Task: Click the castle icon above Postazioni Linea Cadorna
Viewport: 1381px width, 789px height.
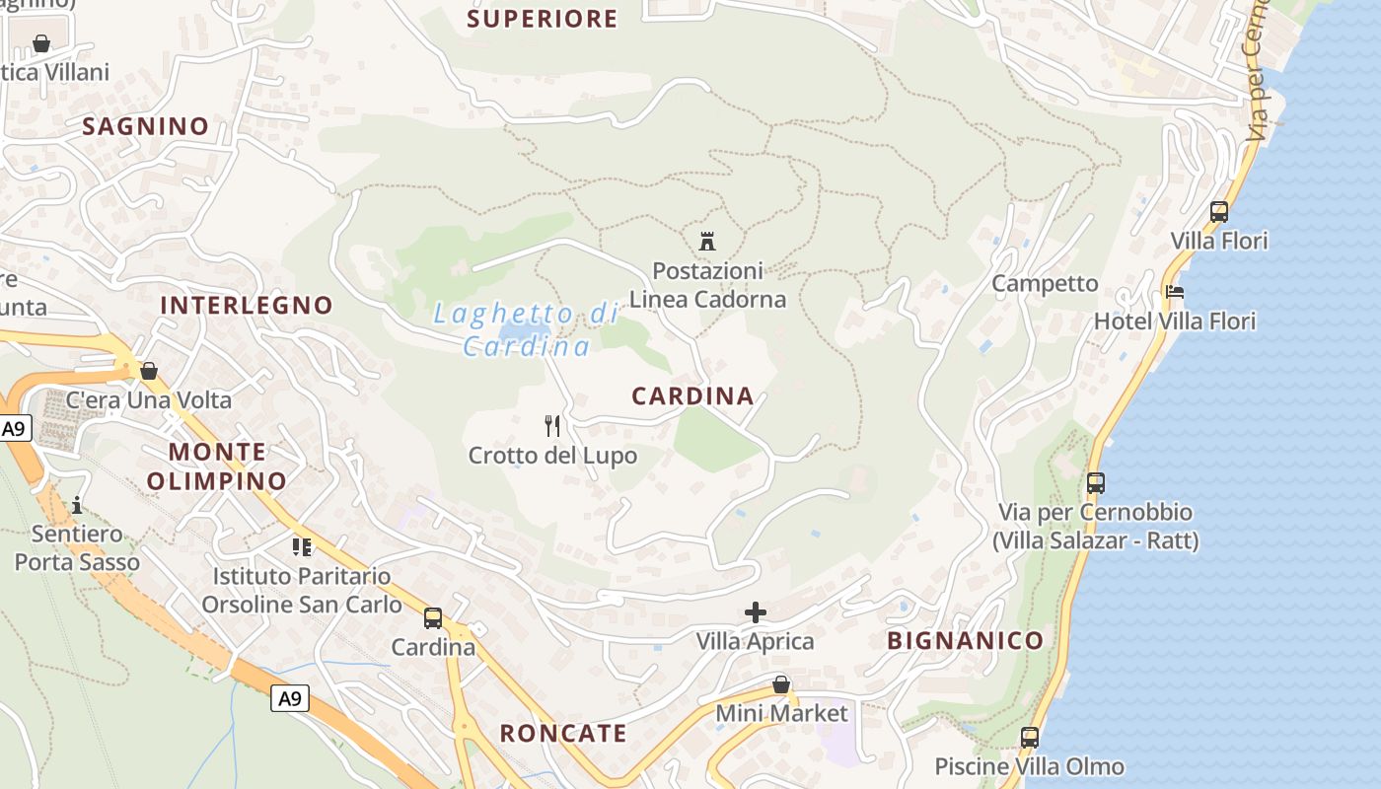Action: [x=706, y=241]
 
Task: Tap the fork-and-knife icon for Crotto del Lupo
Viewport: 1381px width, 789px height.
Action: [x=552, y=426]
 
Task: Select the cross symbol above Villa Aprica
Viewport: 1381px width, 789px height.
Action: [x=756, y=612]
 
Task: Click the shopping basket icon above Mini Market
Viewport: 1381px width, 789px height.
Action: [x=781, y=683]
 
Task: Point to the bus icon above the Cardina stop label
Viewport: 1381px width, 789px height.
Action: [x=433, y=618]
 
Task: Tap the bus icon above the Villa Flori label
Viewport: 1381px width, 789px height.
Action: [x=1219, y=212]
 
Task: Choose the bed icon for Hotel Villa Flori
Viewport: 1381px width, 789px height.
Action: [x=1175, y=292]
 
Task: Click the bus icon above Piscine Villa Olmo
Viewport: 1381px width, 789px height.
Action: [x=1030, y=737]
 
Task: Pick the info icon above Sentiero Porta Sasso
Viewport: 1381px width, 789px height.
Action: [x=77, y=506]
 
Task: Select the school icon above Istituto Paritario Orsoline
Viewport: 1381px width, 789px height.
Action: [x=302, y=546]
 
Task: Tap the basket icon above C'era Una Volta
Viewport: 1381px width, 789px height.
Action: [x=149, y=371]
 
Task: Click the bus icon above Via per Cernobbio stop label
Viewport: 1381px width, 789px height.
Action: [x=1096, y=483]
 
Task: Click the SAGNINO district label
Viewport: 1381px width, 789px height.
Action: [x=146, y=126]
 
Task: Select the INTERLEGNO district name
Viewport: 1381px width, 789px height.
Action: [x=247, y=305]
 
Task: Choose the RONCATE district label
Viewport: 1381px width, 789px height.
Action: [x=563, y=733]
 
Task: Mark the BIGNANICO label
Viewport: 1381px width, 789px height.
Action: [x=965, y=640]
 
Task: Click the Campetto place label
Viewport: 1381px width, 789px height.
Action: [x=1045, y=284]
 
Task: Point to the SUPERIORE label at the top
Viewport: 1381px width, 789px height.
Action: [x=542, y=19]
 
